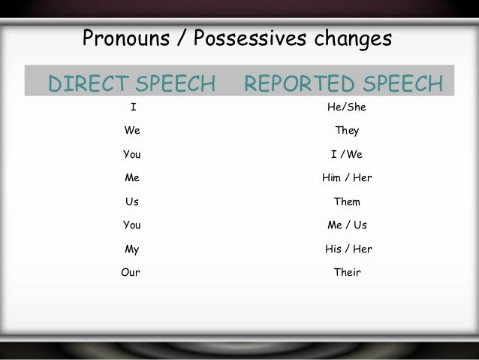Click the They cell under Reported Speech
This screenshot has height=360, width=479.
tap(347, 131)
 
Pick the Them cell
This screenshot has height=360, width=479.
tap(347, 201)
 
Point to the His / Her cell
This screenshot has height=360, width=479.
tap(347, 248)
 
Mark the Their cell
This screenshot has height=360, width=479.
tap(347, 271)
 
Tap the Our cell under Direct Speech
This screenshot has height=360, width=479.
tap(131, 271)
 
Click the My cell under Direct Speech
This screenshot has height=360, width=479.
tap(132, 248)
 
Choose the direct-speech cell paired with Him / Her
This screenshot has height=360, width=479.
tap(132, 178)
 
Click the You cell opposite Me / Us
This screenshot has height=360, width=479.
tap(132, 225)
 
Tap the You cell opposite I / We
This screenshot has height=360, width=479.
tap(132, 155)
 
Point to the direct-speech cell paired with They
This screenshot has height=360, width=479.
tap(132, 131)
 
